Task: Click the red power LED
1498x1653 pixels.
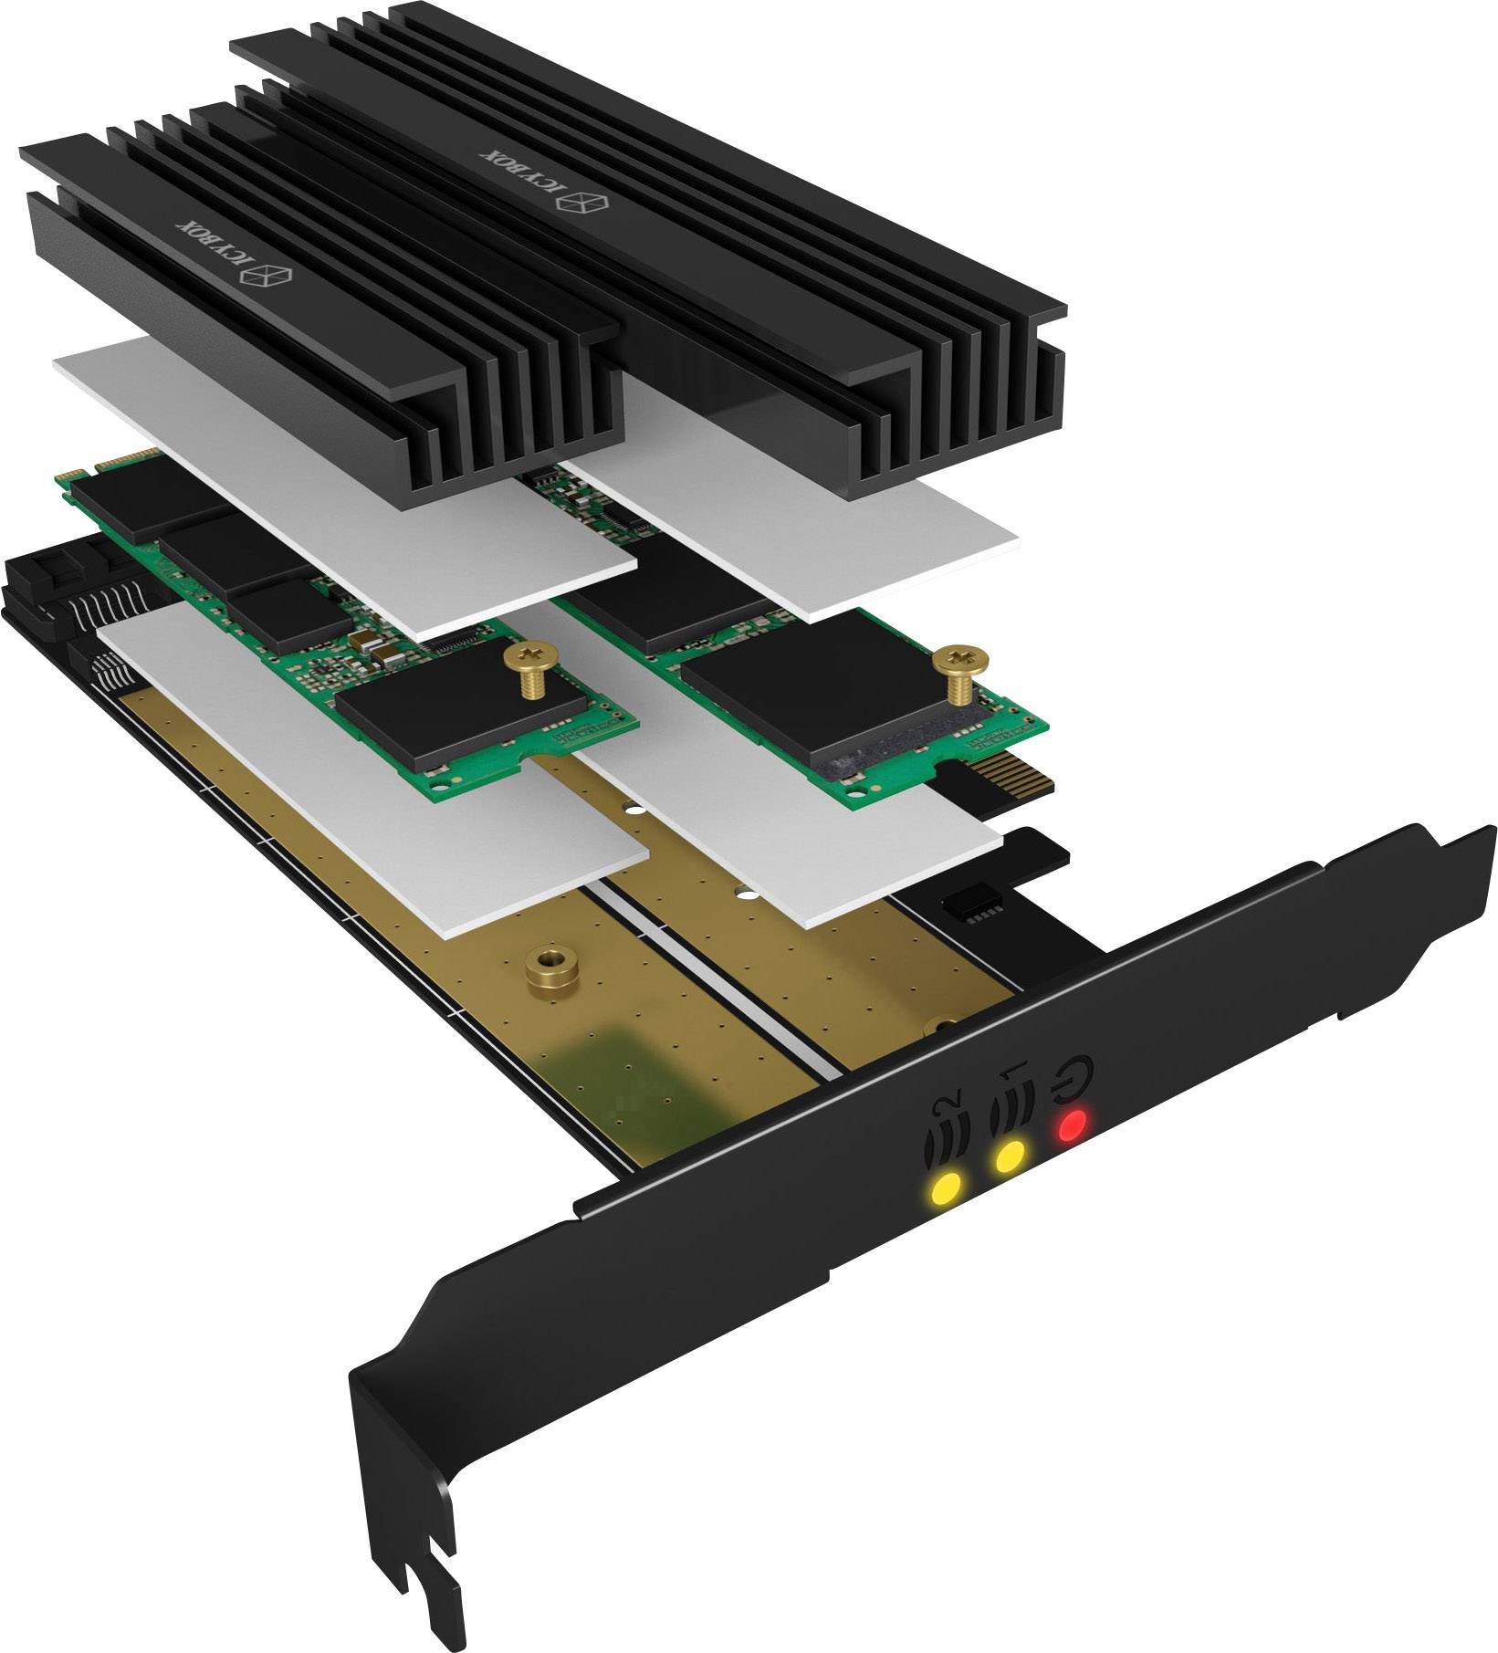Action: (x=1071, y=1126)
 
